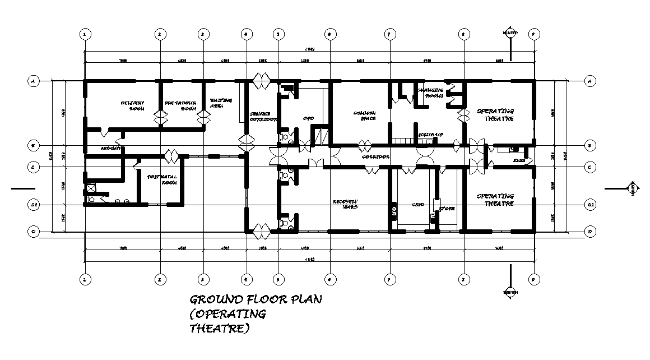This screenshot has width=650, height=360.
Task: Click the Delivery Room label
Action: (133, 105)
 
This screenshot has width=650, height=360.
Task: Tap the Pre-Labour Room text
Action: (179, 105)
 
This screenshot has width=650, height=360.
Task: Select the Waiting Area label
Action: (221, 103)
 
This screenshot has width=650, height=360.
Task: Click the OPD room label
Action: (308, 118)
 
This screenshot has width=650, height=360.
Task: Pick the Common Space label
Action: (364, 115)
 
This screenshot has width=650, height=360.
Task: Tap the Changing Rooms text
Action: (430, 93)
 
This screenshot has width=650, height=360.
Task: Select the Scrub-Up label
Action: (430, 135)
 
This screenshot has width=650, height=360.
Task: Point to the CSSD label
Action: (417, 205)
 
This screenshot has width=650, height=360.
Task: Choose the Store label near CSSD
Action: (447, 209)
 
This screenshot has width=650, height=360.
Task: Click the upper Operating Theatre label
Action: (495, 115)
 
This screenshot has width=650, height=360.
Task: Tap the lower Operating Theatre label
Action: (495, 200)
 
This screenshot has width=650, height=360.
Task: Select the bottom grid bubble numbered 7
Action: (388, 278)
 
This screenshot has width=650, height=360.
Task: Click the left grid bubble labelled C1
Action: (34, 205)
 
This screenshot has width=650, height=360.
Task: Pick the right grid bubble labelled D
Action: (589, 230)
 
